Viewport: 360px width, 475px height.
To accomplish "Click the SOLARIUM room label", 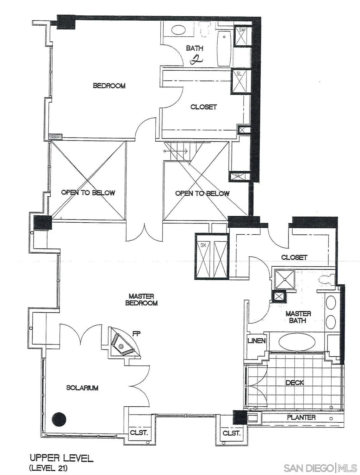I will coord(82,388).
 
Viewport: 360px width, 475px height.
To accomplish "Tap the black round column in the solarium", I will coord(59,419).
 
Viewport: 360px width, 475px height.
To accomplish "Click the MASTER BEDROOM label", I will coord(141,300).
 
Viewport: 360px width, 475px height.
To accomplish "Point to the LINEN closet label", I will coord(256,341).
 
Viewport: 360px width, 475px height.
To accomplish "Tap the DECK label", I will coord(295,383).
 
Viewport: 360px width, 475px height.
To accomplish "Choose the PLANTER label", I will coord(301,417).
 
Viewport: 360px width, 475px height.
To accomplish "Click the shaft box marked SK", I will coord(203,256).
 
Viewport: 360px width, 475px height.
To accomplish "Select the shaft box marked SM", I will coord(242,36).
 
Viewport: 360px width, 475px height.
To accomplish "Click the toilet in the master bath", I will coord(326,279).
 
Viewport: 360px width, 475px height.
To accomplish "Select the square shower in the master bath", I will coord(284,279).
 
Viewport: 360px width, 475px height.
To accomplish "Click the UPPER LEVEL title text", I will coord(61,458).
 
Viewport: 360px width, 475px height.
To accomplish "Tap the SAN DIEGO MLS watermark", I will coord(320,468).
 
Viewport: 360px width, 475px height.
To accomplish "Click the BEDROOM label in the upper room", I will coord(109,86).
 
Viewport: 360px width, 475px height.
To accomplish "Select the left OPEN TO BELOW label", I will coord(88,193).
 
